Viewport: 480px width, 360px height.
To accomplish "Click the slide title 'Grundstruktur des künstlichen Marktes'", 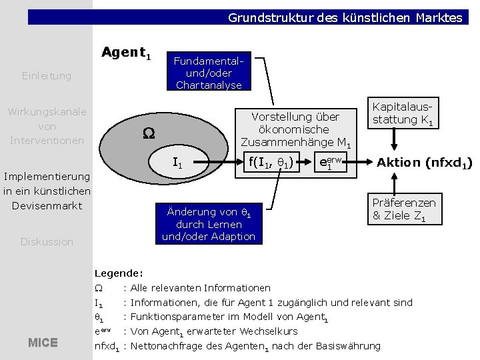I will click(345, 18).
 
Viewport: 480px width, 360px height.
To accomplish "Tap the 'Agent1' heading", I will click(126, 53).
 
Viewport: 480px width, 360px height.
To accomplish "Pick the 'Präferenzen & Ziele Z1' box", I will click(403, 209).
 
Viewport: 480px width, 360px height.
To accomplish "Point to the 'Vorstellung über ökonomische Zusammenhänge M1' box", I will click(295, 129).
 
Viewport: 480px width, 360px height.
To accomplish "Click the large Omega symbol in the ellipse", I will click(147, 133).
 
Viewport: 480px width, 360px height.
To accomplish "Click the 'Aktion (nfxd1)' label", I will click(424, 162).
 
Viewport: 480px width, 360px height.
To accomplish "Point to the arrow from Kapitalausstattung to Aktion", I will click(394, 140).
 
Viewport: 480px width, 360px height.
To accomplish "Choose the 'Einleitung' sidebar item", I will click(46, 76).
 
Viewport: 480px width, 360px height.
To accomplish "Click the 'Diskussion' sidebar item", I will click(46, 242).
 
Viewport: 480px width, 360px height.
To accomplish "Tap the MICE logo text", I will click(43, 343).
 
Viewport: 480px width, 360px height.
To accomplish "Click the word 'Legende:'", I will click(119, 273).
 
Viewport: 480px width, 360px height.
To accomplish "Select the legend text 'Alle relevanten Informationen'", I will click(201, 288).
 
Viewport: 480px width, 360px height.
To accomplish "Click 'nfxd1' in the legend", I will click(107, 346).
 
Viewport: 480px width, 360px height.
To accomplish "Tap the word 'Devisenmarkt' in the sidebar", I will click(46, 205).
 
